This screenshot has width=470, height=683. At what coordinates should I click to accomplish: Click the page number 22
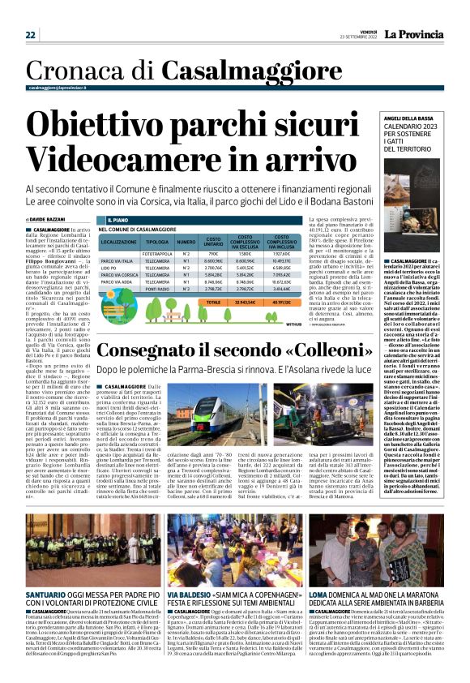(31, 35)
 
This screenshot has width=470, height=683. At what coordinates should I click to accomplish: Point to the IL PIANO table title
(119, 220)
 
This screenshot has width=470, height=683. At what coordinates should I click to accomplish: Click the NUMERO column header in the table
(186, 243)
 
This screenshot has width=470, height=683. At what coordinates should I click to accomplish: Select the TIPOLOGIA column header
(157, 243)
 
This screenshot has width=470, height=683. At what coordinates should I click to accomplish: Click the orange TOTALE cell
(213, 303)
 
